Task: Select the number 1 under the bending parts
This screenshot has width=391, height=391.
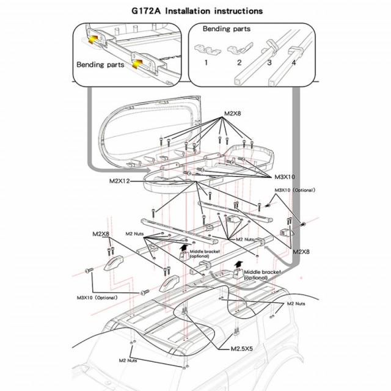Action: pyautogui.click(x=206, y=62)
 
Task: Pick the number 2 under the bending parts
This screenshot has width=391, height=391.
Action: pyautogui.click(x=239, y=62)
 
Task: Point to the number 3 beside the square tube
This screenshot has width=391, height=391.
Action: pyautogui.click(x=269, y=62)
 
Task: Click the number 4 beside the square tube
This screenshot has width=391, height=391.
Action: pyautogui.click(x=293, y=62)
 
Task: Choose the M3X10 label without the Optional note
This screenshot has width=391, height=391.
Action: pyautogui.click(x=283, y=177)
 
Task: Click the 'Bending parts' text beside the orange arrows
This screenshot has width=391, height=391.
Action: pyautogui.click(x=100, y=64)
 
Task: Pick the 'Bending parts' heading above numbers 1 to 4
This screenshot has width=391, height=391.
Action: pyautogui.click(x=226, y=28)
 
